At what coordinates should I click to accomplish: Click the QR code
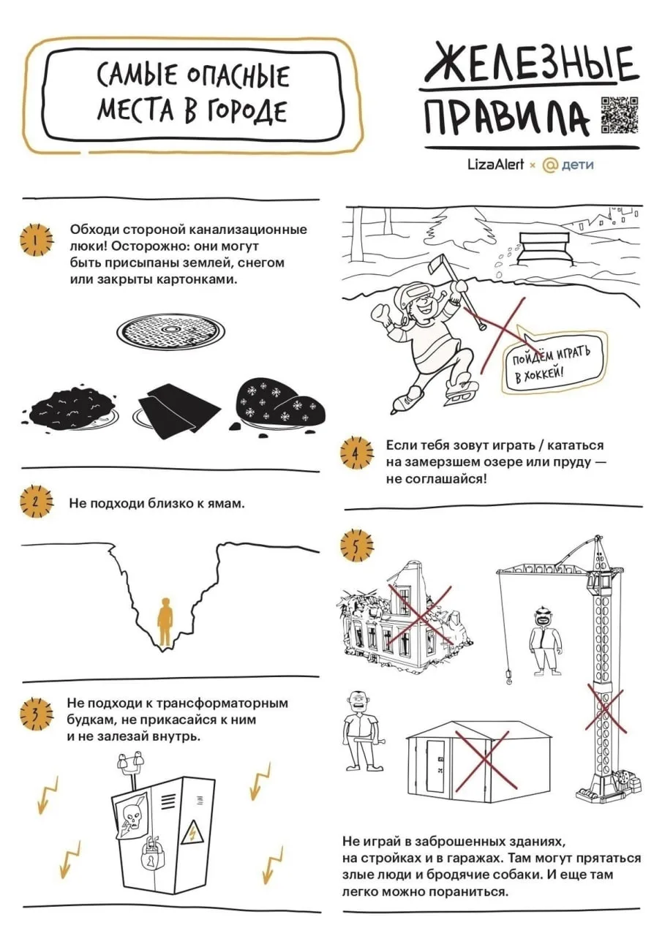(620, 115)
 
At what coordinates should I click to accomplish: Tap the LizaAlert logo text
(495, 165)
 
